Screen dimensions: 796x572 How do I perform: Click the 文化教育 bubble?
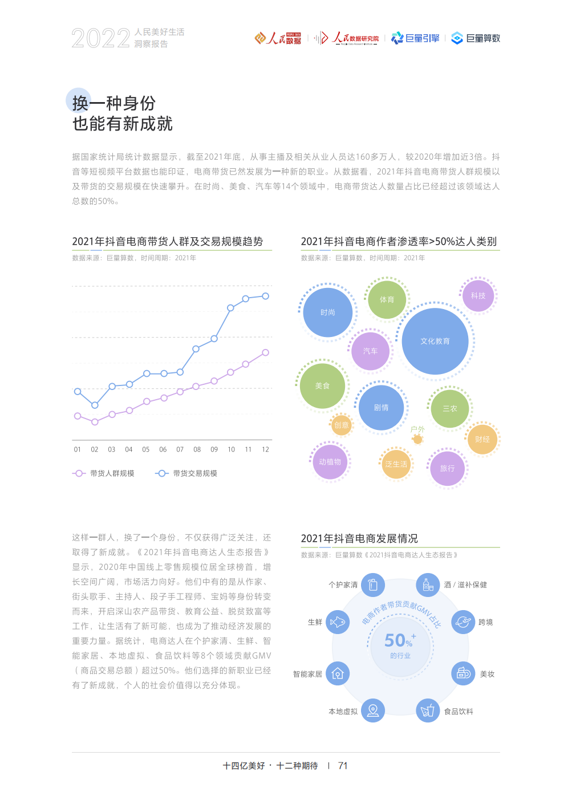435,341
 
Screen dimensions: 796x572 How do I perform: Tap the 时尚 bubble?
328,312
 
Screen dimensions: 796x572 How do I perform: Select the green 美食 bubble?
323,386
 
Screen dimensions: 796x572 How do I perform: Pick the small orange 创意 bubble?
341,425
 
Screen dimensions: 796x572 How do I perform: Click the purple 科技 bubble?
478,295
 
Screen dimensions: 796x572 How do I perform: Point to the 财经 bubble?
482,439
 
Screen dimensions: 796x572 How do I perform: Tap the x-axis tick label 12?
265,449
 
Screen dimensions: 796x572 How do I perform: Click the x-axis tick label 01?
78,449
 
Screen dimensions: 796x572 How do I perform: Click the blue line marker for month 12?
265,296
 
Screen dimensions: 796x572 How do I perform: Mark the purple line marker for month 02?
95,422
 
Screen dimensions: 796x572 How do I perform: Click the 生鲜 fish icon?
338,622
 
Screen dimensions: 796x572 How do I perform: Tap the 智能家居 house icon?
338,674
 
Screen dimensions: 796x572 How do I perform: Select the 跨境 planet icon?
463,622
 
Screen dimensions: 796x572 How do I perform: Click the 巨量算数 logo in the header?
476,38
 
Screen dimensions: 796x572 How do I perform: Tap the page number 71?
343,766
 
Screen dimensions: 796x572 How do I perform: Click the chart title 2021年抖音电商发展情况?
359,538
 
